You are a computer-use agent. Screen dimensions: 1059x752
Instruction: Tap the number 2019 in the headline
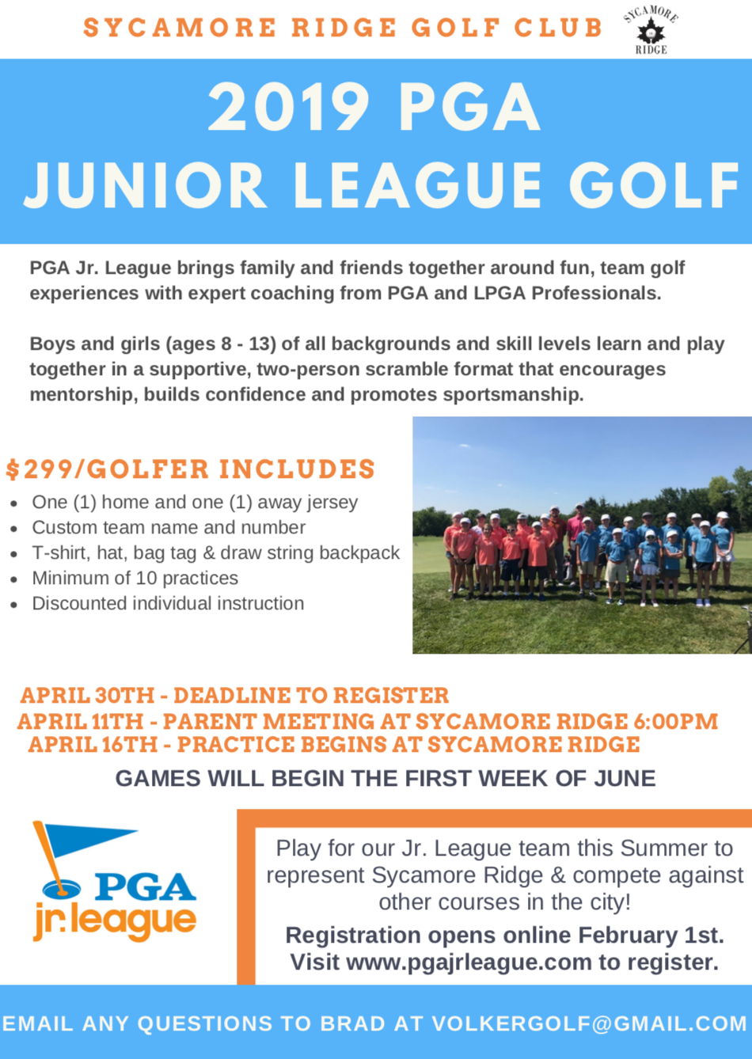(x=290, y=108)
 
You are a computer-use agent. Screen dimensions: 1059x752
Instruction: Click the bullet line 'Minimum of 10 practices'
(x=135, y=579)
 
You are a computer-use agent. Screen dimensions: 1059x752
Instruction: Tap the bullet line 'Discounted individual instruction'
(x=168, y=604)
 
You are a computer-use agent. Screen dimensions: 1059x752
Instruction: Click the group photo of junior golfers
(x=582, y=535)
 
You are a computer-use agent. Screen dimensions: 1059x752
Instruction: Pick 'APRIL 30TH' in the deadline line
(x=87, y=696)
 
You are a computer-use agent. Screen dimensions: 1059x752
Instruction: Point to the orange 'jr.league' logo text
(x=115, y=921)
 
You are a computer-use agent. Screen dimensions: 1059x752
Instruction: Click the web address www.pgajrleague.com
(x=469, y=962)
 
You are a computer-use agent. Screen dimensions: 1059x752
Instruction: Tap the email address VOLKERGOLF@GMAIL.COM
(x=590, y=1024)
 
